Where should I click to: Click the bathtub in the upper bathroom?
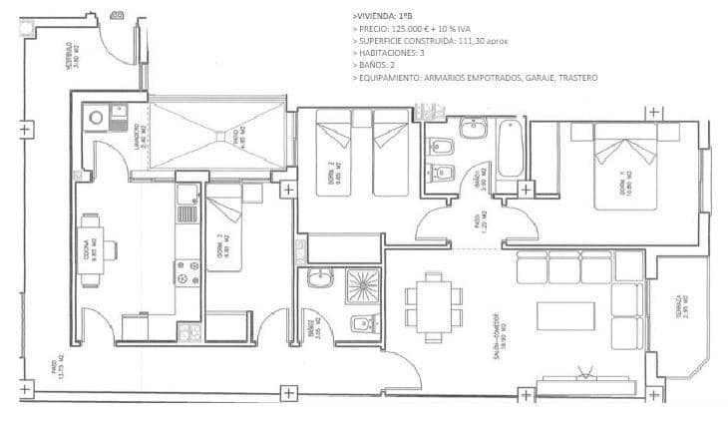click(510, 149)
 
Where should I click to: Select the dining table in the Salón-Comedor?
click(433, 300)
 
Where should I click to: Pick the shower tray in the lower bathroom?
click(356, 286)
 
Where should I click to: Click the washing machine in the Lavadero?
click(97, 118)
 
